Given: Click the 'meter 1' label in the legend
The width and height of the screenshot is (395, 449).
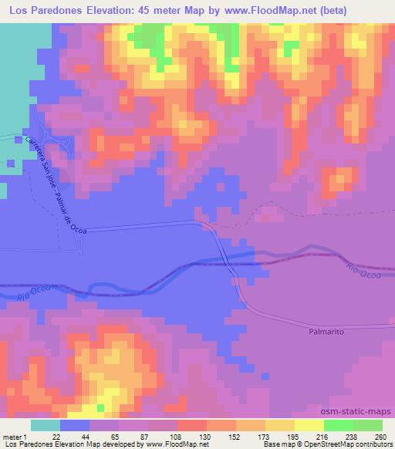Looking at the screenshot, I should coord(15,437).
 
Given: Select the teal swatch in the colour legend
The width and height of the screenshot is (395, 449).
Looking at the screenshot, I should coord(46,425).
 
